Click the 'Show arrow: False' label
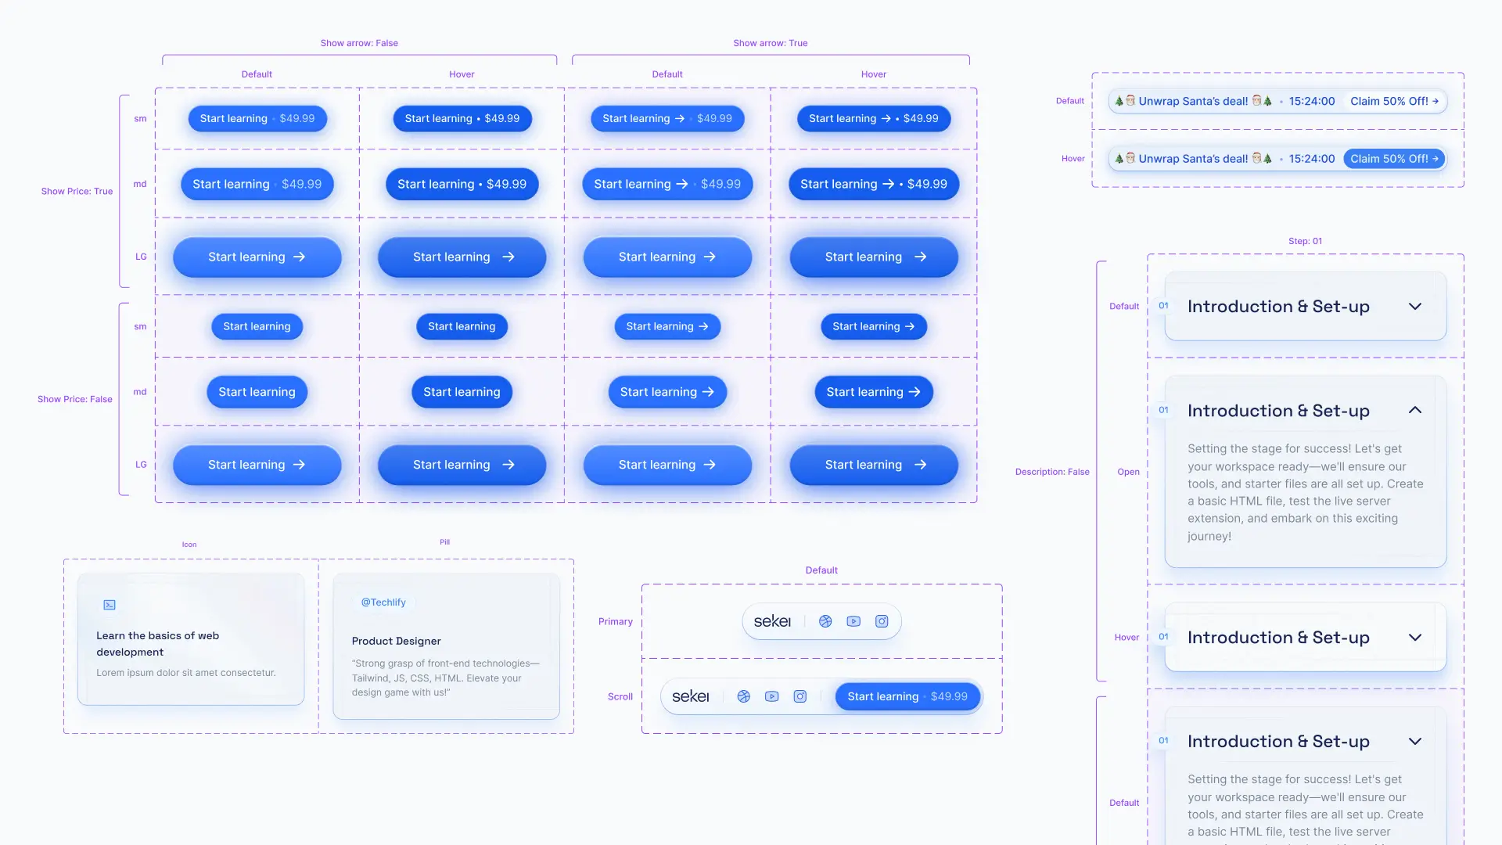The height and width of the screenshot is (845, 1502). (359, 43)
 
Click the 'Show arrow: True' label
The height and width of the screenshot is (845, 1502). (770, 43)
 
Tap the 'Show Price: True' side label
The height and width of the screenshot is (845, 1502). (77, 191)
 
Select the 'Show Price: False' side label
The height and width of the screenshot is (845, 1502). (75, 399)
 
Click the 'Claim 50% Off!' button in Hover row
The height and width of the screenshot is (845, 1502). (1393, 159)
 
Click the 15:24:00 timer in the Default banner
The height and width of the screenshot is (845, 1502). (1311, 101)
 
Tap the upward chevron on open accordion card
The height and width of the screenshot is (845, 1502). (1414, 410)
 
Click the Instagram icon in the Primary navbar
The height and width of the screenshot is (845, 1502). (882, 621)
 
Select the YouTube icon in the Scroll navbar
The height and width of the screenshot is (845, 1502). (771, 696)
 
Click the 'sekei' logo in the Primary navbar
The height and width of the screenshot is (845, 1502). (772, 621)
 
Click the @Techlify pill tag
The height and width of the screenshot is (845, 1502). (383, 602)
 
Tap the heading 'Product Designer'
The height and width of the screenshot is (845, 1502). (396, 641)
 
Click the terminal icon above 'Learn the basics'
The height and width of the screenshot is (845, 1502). (110, 605)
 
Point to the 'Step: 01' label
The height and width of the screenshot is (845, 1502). (1305, 241)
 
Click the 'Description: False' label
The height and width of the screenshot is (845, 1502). (1051, 472)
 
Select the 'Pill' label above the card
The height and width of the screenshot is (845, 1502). (444, 541)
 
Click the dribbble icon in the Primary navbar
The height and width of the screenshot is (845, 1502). (825, 621)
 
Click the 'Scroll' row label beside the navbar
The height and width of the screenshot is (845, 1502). (620, 696)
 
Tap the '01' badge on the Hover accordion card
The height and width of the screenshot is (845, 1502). (1163, 637)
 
